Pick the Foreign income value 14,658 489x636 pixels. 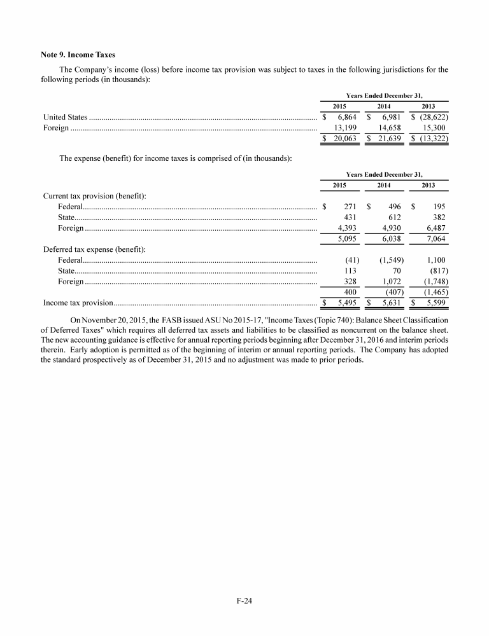coord(388,128)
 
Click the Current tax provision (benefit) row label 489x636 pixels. coord(94,196)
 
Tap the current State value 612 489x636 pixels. coord(394,217)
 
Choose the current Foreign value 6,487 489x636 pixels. coord(433,228)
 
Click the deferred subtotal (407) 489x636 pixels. coord(391,292)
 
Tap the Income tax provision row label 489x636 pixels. coord(78,303)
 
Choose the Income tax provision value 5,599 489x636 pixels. coord(435,303)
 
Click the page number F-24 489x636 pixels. coord(244,599)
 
